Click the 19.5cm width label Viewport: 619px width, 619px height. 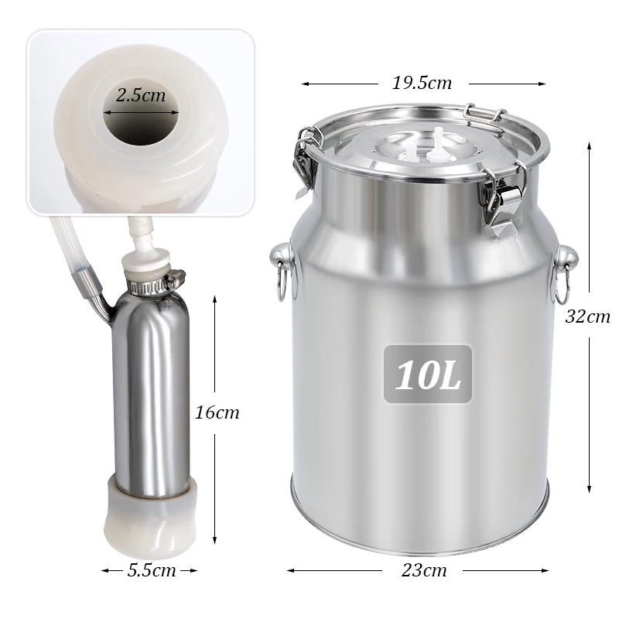pyautogui.click(x=422, y=83)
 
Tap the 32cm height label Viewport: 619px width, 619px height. pyautogui.click(x=587, y=316)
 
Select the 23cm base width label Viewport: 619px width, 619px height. pyautogui.click(x=424, y=570)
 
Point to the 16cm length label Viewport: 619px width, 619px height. pyautogui.click(x=217, y=412)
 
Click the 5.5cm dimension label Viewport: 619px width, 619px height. pyautogui.click(x=152, y=570)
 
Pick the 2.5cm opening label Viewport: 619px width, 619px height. pyautogui.click(x=141, y=95)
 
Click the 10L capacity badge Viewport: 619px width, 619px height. pyautogui.click(x=428, y=374)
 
